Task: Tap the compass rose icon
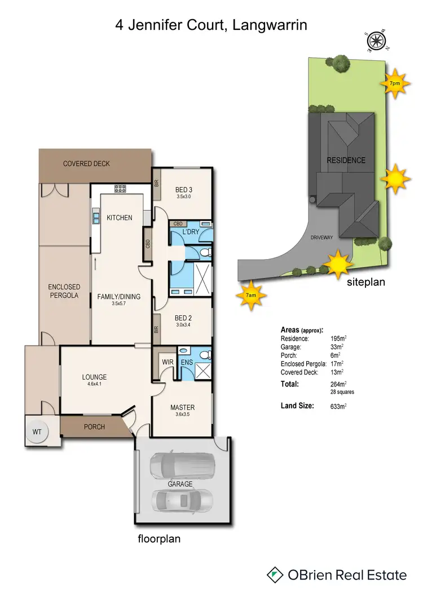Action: tap(376, 41)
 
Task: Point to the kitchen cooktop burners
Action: tap(120, 189)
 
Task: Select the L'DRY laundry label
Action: tap(191, 232)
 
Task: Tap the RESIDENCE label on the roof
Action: tap(346, 160)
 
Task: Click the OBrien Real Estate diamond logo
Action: tap(275, 574)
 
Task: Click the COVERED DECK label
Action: tap(86, 164)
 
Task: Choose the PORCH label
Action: tap(94, 426)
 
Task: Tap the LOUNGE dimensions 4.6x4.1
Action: tap(94, 385)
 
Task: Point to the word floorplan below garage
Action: tap(160, 538)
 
